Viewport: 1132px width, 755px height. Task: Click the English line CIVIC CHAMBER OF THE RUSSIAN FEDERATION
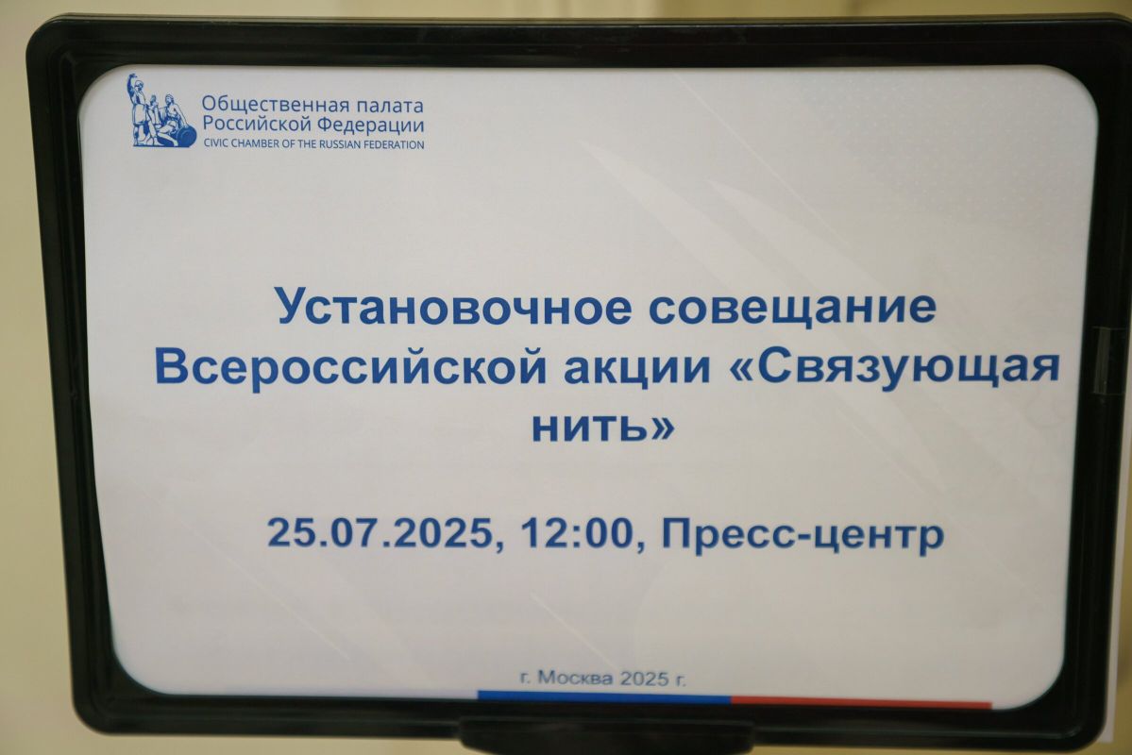313,144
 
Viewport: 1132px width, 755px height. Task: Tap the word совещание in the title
792,306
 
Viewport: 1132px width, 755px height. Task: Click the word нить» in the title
602,425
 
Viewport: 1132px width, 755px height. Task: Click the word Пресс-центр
803,536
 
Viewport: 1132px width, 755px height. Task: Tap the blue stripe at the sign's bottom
603,697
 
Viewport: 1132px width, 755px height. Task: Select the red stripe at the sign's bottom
861,701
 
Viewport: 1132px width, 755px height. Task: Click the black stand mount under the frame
605,736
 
